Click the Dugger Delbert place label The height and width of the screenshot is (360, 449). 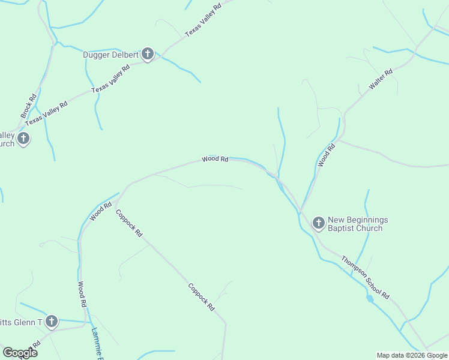point(110,55)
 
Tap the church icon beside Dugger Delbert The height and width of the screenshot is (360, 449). point(148,55)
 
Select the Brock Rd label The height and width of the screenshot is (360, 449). point(28,106)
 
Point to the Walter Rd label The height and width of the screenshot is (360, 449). point(380,80)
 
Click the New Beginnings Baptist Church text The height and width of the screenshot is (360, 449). point(358,224)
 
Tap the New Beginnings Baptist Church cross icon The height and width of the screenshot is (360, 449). point(318,223)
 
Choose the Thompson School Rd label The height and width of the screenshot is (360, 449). point(366,278)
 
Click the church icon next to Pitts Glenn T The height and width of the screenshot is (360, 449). point(52,322)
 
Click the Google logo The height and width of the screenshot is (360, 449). point(20,353)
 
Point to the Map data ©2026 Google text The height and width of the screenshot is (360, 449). point(412,355)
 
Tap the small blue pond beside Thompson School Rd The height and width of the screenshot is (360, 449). point(369,298)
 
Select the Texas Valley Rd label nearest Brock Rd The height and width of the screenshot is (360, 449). point(46,113)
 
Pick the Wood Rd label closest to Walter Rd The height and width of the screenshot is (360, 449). point(326,155)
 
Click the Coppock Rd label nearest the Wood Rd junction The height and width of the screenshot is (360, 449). point(129,223)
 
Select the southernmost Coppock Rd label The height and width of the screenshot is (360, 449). point(201,297)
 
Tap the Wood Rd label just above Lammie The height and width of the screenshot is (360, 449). point(82,294)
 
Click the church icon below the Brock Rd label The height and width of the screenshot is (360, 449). point(23,139)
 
